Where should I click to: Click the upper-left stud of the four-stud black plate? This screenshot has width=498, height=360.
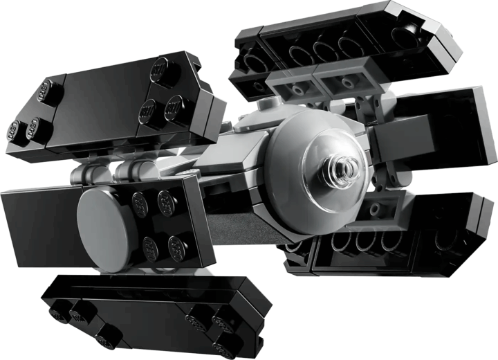(141, 203)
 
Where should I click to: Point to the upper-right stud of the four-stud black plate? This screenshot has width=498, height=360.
(166, 201)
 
